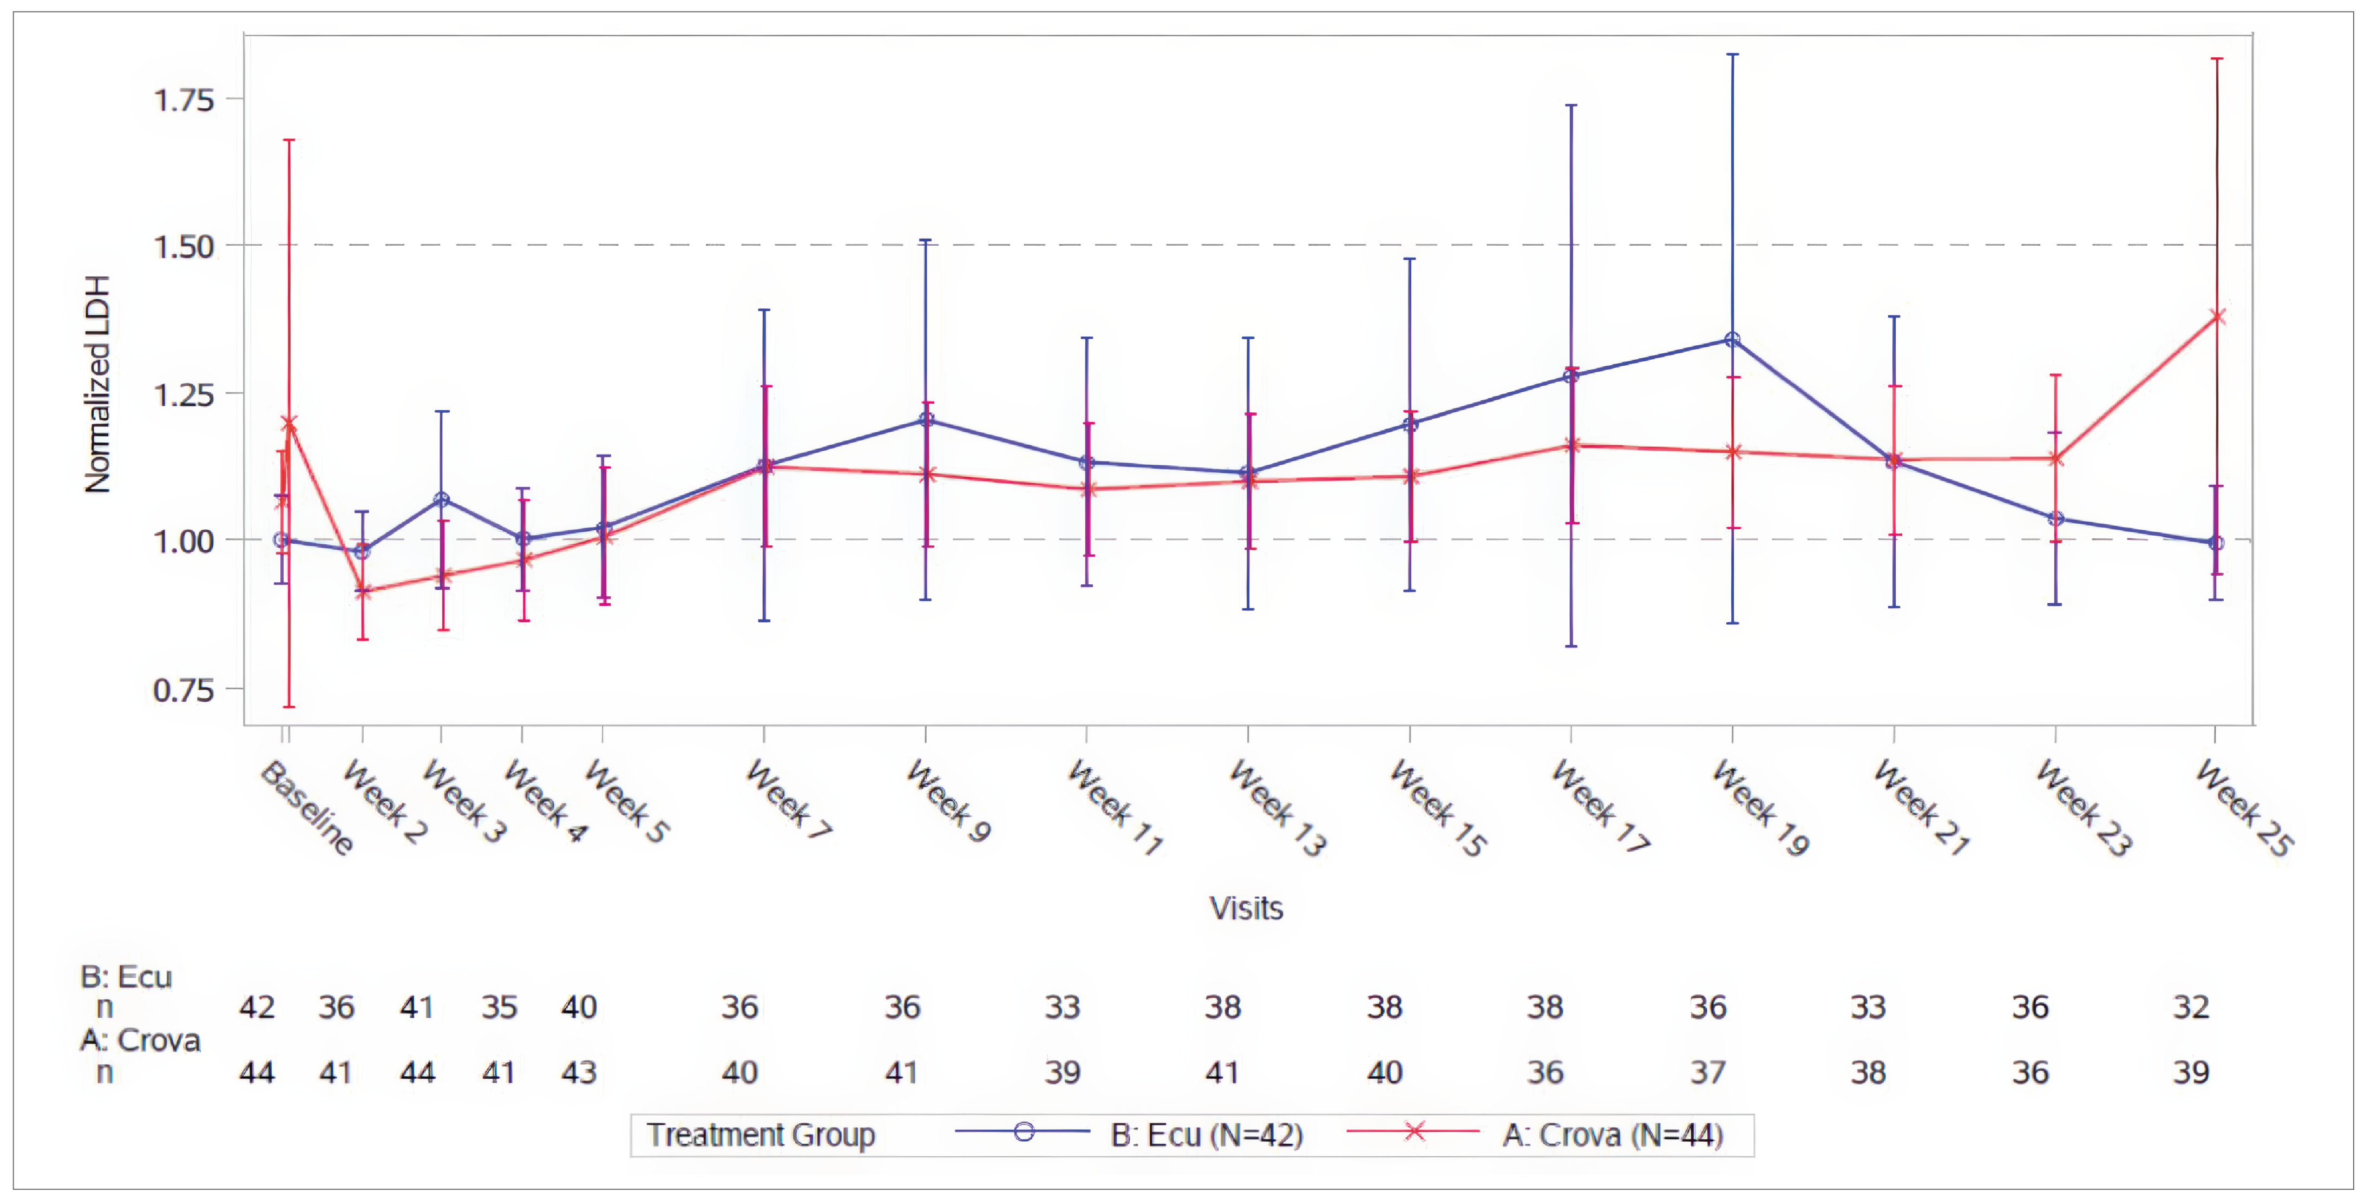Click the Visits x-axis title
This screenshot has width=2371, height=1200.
(1246, 908)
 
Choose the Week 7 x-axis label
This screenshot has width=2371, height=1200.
(789, 798)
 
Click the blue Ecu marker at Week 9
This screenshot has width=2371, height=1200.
(926, 420)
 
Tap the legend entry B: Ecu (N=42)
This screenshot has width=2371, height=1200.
(1206, 1135)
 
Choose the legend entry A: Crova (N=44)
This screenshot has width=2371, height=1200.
(1612, 1135)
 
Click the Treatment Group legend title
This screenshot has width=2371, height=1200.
(760, 1135)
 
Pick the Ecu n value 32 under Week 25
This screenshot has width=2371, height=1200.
(2191, 1007)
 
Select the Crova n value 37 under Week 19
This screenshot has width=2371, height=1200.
(1707, 1072)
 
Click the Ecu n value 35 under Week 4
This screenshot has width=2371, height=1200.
(499, 1007)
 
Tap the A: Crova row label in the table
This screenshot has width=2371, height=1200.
(140, 1040)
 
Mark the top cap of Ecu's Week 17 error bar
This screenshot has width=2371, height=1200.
(1571, 106)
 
